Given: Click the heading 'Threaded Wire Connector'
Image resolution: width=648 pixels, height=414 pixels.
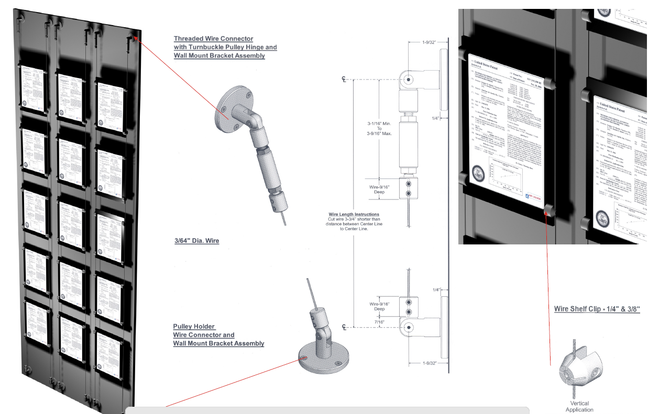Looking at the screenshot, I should [213, 39].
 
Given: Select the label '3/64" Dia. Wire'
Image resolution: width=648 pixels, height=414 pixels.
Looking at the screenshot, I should [196, 241].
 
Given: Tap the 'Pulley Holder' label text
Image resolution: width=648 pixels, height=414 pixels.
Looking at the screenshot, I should [194, 327].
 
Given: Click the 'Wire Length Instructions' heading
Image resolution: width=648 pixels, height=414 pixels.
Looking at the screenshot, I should [354, 215].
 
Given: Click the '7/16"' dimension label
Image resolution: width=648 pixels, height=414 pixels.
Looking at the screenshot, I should [379, 321].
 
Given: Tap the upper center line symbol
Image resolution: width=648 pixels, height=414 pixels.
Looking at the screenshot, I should [344, 80].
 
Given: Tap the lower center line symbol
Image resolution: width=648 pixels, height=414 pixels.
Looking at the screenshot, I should [344, 328].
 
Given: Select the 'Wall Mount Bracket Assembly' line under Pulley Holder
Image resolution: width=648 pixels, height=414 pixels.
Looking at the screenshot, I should [218, 344].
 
